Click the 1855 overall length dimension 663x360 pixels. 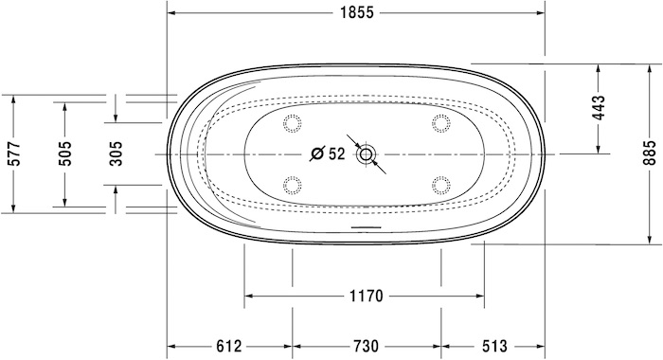click(357, 12)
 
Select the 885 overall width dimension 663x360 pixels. click(651, 153)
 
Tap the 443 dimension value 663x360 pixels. click(600, 108)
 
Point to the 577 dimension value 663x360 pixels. click(15, 154)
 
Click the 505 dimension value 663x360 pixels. click(65, 153)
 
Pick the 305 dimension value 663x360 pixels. click(116, 153)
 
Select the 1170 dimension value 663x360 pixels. click(367, 296)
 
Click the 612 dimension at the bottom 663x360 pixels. click(229, 346)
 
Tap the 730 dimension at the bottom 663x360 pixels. click(366, 346)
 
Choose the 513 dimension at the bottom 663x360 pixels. click(493, 346)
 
